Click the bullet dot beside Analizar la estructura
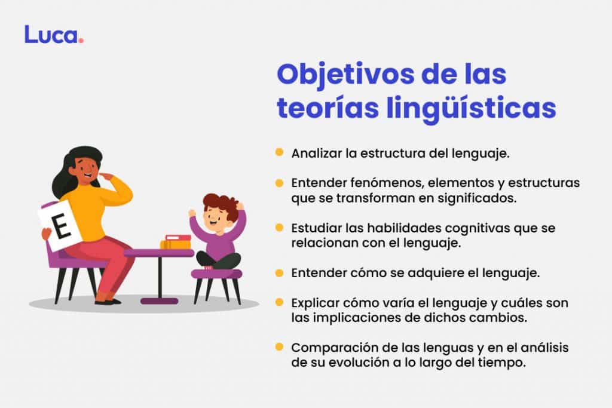pos(279,152)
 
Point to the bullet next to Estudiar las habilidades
pos(279,228)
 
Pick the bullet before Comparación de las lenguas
pos(279,346)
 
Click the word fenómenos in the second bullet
pos(373,183)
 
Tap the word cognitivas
pos(464,228)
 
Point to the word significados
pos(481,198)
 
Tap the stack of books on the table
pos(176,242)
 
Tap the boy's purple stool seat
pos(216,274)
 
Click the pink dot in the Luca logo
pos(81,41)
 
